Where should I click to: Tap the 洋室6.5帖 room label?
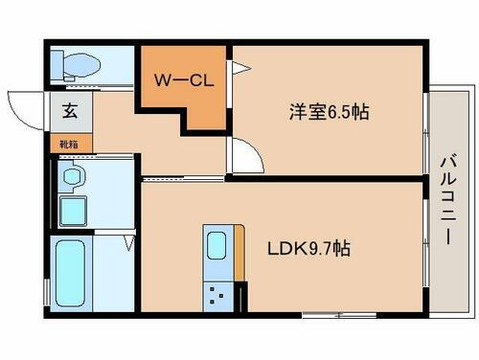click(330, 112)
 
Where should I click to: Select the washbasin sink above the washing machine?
click(72, 175)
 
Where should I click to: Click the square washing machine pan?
click(74, 210)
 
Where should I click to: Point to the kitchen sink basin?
click(217, 244)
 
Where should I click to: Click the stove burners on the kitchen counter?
click(217, 295)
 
